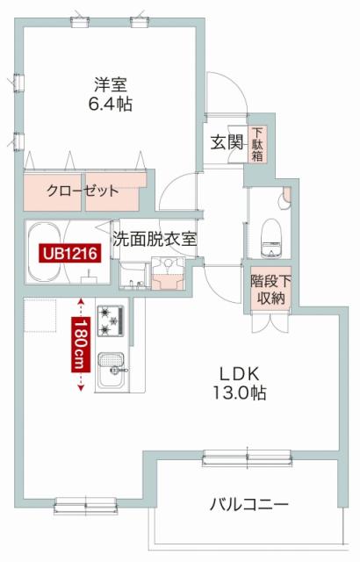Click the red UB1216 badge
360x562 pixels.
point(70,254)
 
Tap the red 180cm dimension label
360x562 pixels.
point(81,344)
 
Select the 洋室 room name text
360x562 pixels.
point(111,85)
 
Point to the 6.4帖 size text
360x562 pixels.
point(111,104)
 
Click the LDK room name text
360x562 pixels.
point(240,374)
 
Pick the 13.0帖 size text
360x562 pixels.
point(240,393)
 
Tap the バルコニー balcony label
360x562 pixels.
point(249,505)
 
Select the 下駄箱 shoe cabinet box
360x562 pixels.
point(257,144)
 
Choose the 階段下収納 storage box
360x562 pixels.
point(270,290)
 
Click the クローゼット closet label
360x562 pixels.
point(83,191)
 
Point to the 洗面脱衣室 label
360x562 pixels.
point(155,239)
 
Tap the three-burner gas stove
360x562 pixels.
point(111,321)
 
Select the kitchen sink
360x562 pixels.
point(112,371)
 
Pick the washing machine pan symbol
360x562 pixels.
point(168,273)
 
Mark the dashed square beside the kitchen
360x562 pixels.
point(40,316)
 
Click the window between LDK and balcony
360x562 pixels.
point(247,458)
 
